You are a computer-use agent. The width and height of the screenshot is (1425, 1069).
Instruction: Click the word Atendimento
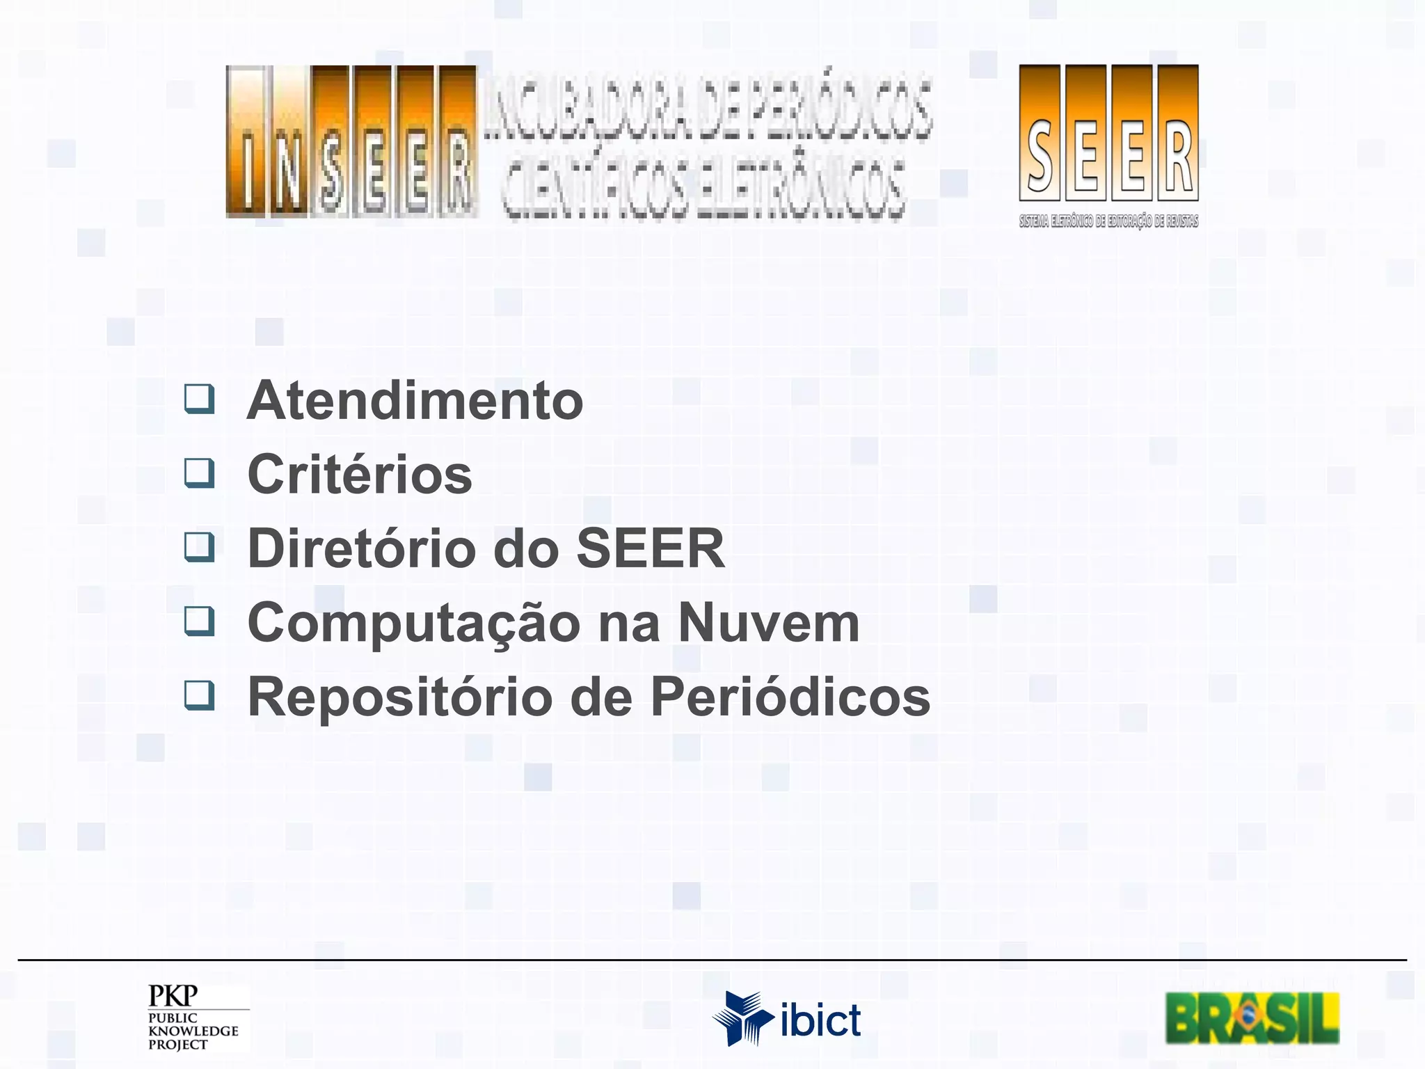point(415,401)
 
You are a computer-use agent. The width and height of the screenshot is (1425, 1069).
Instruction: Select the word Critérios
point(360,475)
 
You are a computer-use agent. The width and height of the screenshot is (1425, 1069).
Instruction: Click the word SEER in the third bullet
point(651,548)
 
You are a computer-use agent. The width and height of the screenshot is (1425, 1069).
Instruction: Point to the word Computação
point(414,624)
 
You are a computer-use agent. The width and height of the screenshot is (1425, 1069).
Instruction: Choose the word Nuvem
point(769,622)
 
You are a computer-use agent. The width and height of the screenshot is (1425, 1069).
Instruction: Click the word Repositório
point(400,697)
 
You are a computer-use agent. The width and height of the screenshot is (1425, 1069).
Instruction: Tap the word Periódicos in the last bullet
point(790,697)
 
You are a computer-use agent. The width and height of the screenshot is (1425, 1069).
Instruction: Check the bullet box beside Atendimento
point(199,399)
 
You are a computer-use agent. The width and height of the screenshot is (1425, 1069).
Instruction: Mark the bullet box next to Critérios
point(199,473)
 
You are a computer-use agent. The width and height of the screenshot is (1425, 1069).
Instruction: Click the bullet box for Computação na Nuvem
point(199,621)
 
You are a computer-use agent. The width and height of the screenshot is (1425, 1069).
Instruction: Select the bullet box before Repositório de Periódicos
point(199,695)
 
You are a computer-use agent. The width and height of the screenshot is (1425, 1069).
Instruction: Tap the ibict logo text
point(821,1020)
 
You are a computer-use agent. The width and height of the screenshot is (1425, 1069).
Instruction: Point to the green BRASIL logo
point(1252,1018)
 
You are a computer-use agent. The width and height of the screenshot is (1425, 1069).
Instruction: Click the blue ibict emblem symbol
point(742,1018)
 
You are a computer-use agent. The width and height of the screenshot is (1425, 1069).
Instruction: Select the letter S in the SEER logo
point(1040,157)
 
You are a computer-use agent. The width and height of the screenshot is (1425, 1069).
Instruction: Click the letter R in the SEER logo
point(1178,157)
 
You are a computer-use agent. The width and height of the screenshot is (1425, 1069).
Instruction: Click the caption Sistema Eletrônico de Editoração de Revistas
point(1108,222)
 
